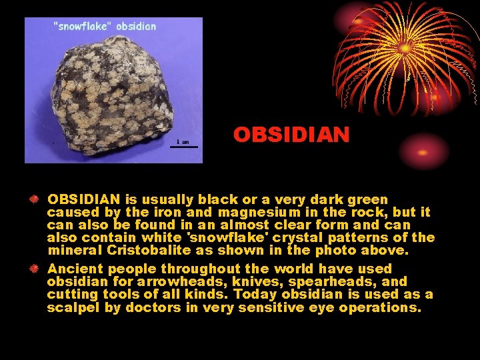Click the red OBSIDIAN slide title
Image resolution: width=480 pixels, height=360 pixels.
coord(291,135)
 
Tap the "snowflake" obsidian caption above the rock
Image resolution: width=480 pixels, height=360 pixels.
coord(105,27)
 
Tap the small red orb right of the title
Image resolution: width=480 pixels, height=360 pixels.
coord(425,151)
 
